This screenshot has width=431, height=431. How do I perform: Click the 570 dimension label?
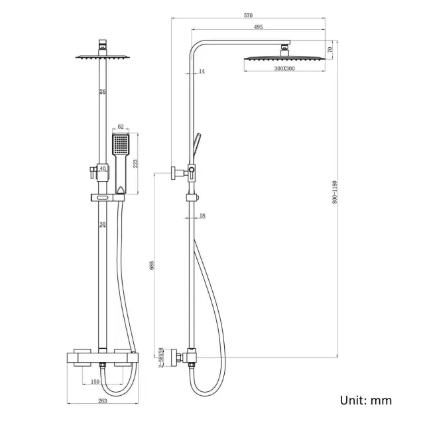tap(248, 15)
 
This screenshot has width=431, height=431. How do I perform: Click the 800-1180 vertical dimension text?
tap(336, 192)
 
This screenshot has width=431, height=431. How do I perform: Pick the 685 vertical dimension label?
tap(153, 265)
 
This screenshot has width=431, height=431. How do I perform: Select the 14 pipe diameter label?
tap(202, 71)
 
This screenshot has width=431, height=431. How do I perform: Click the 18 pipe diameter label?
tap(202, 216)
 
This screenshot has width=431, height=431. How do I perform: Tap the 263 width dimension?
tap(102, 400)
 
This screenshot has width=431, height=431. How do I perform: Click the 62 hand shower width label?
tap(120, 125)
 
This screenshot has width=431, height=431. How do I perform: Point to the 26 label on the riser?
tap(102, 92)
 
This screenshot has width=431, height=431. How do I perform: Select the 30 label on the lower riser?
tap(102, 225)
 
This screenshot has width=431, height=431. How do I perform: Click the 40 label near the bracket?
tap(103, 169)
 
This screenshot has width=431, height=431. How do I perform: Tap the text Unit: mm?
tap(365, 400)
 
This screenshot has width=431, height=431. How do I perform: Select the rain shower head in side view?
tap(285, 58)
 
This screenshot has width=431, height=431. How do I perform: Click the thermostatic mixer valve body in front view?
tap(102, 359)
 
